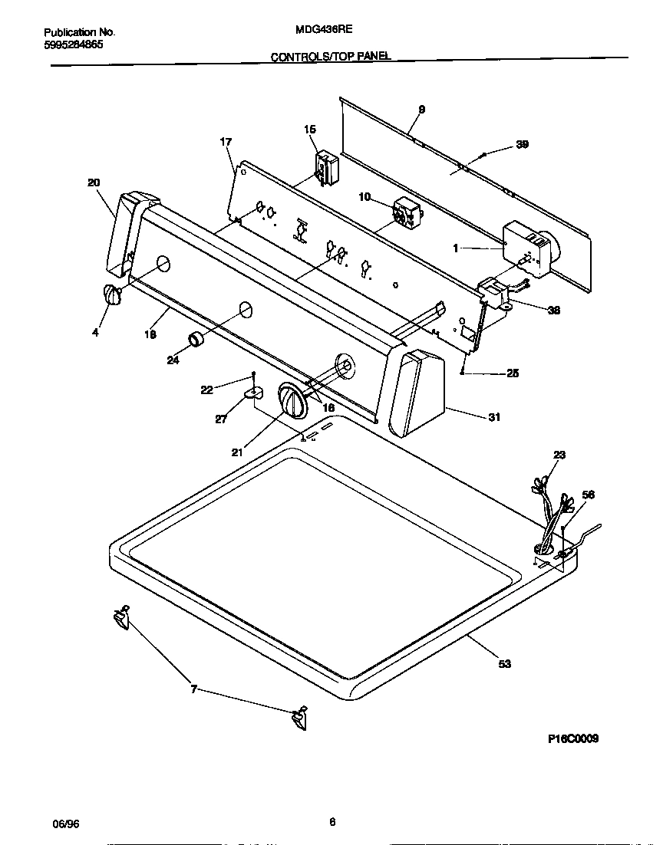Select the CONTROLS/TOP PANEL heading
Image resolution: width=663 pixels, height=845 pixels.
[331, 57]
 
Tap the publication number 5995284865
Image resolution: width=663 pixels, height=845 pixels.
[74, 44]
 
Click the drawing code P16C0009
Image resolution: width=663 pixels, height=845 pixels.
[573, 738]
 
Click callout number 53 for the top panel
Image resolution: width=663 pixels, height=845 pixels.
[504, 664]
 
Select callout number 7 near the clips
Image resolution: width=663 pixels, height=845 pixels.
[194, 689]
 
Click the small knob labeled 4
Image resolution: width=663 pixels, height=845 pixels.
[113, 295]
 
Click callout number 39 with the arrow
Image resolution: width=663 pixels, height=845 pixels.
[522, 145]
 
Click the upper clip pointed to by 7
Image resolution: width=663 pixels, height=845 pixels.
[120, 616]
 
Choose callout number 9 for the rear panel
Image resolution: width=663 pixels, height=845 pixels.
[421, 110]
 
